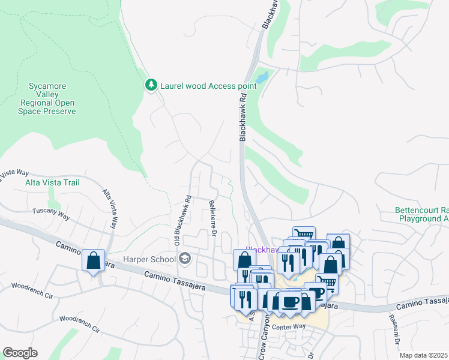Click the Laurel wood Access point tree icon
pos(152,85)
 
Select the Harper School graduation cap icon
pos(185,259)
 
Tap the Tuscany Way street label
pos(52,211)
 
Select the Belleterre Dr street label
pos(212,220)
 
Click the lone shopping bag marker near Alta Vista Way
pos(93,261)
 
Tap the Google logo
pos(20,353)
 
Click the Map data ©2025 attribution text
pos(423,355)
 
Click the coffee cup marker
pos(290,302)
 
